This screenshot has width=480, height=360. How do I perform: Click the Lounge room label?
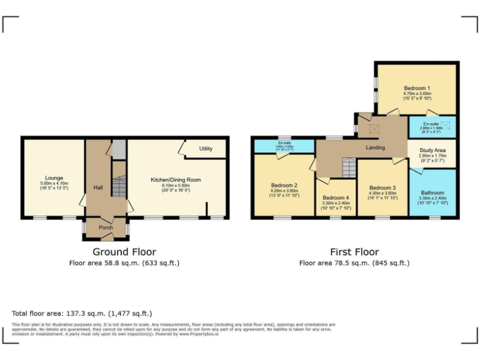(54, 178)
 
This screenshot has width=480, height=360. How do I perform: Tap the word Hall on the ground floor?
(98, 187)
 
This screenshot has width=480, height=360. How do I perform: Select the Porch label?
(105, 227)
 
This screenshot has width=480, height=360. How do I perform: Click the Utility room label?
(206, 149)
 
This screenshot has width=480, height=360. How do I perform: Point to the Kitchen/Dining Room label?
(176, 180)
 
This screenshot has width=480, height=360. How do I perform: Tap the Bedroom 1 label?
(416, 88)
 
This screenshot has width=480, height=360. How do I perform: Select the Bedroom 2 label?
(284, 186)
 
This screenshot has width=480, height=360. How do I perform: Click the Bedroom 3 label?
(382, 188)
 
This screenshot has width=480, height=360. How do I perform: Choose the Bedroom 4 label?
(336, 198)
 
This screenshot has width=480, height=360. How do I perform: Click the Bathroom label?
(432, 193)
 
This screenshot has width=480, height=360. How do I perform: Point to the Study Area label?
(432, 151)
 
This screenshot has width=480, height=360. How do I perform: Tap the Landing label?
(375, 148)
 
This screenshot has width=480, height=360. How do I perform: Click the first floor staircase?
(347, 167)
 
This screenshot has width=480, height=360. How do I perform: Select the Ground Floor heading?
(124, 252)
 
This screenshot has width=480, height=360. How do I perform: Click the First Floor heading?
(354, 252)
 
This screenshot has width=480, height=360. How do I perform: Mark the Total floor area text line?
(82, 313)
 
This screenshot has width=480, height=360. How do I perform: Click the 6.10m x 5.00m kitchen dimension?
(176, 186)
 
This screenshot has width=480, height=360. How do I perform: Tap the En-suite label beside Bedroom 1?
(430, 124)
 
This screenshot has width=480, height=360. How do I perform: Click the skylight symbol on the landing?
(375, 129)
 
